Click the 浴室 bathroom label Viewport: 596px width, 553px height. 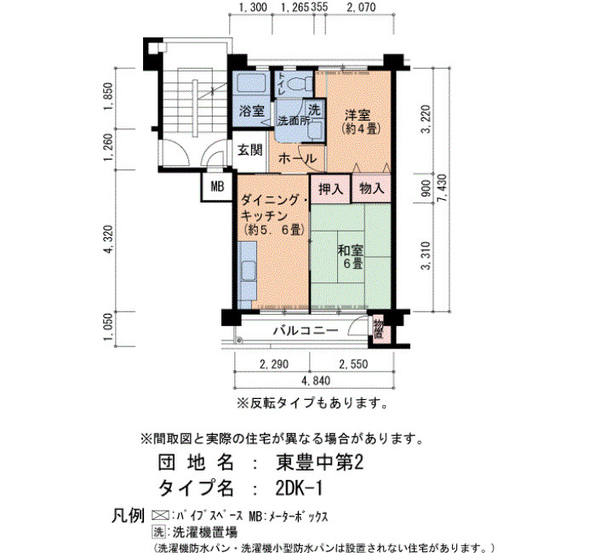click(252, 111)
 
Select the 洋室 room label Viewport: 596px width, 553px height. click(357, 115)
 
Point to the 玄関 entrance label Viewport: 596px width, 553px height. click(249, 151)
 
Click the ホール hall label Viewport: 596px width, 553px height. click(297, 158)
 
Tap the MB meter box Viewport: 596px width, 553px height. click(217, 186)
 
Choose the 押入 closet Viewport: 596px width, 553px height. click(330, 189)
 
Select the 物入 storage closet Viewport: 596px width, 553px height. click(371, 189)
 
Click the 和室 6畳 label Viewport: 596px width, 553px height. click(351, 256)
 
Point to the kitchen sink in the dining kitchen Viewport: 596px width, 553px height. click(248, 271)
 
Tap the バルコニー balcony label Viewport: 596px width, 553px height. click(306, 330)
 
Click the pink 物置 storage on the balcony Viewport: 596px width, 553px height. click(378, 329)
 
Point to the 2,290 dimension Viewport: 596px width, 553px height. click(273, 365)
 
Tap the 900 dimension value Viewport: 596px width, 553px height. click(426, 188)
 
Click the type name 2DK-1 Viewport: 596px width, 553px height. click(299, 488)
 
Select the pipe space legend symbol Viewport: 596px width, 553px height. click(160, 516)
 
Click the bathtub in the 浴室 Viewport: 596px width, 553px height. click(251, 83)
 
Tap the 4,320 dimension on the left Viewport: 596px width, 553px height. click(110, 239)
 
